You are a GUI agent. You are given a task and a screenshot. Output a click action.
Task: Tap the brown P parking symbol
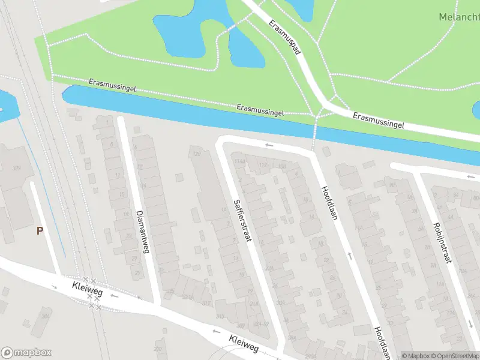(40, 230)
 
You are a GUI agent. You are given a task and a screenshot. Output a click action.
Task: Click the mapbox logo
(26, 353)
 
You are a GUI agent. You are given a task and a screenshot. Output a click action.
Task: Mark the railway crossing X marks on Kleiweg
(92, 293)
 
